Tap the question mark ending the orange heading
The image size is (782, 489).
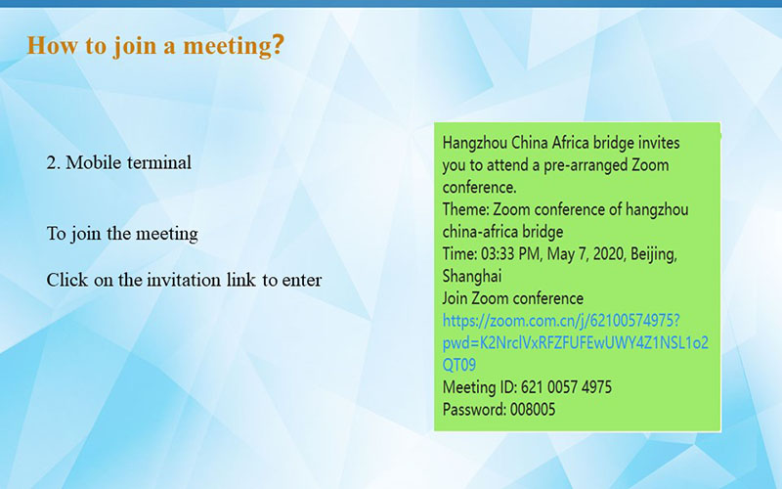279,45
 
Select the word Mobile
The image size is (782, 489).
94,162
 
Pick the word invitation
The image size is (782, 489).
184,280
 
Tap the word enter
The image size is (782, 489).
302,280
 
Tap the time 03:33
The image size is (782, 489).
498,254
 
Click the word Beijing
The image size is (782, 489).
654,254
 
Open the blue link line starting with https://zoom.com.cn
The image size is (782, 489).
561,321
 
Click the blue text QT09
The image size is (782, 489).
459,365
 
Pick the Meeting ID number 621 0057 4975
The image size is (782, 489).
566,387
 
